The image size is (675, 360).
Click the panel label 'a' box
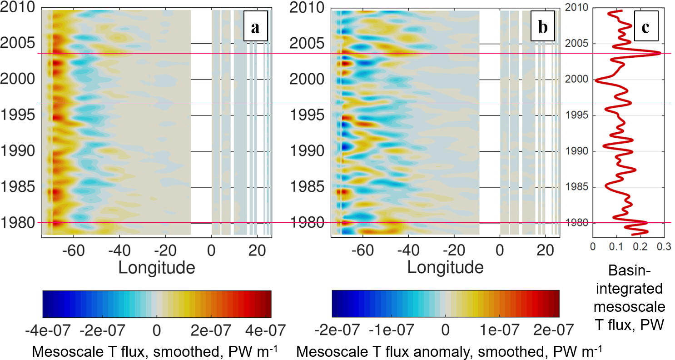click(255, 28)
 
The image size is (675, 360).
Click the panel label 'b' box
click(542, 28)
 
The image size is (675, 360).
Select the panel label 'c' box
click(645, 28)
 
